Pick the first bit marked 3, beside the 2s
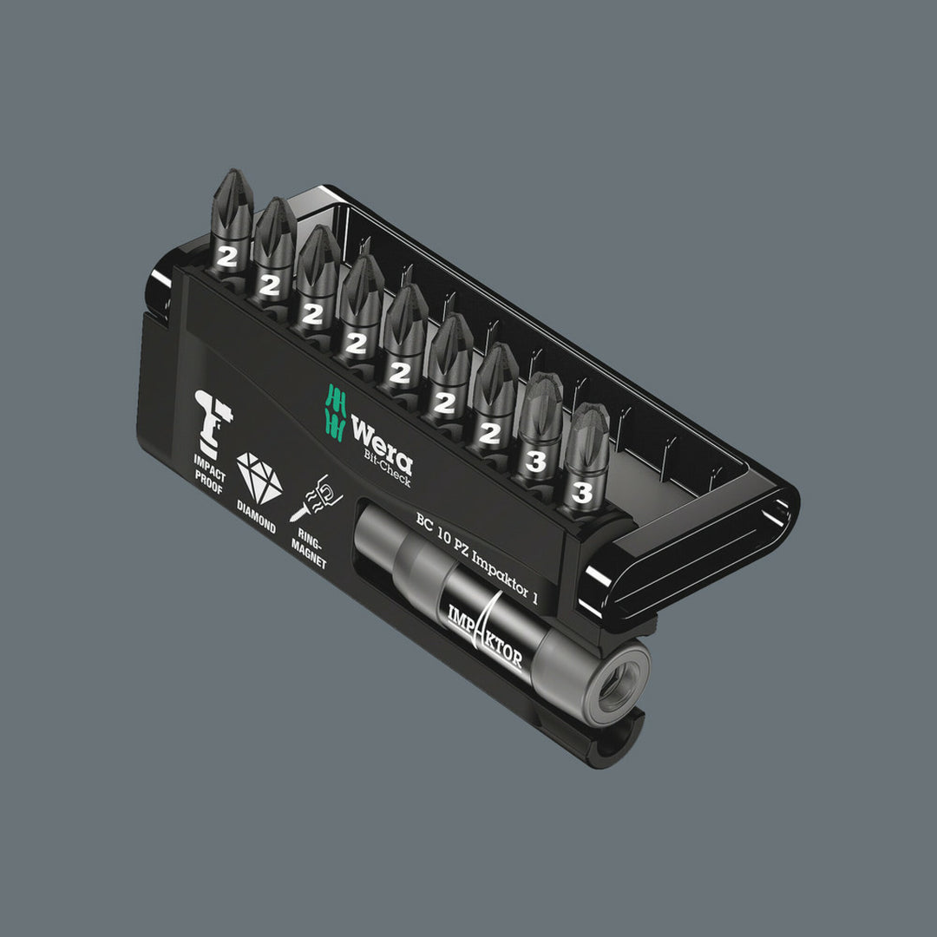click(x=536, y=434)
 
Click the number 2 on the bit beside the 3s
click(x=490, y=433)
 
